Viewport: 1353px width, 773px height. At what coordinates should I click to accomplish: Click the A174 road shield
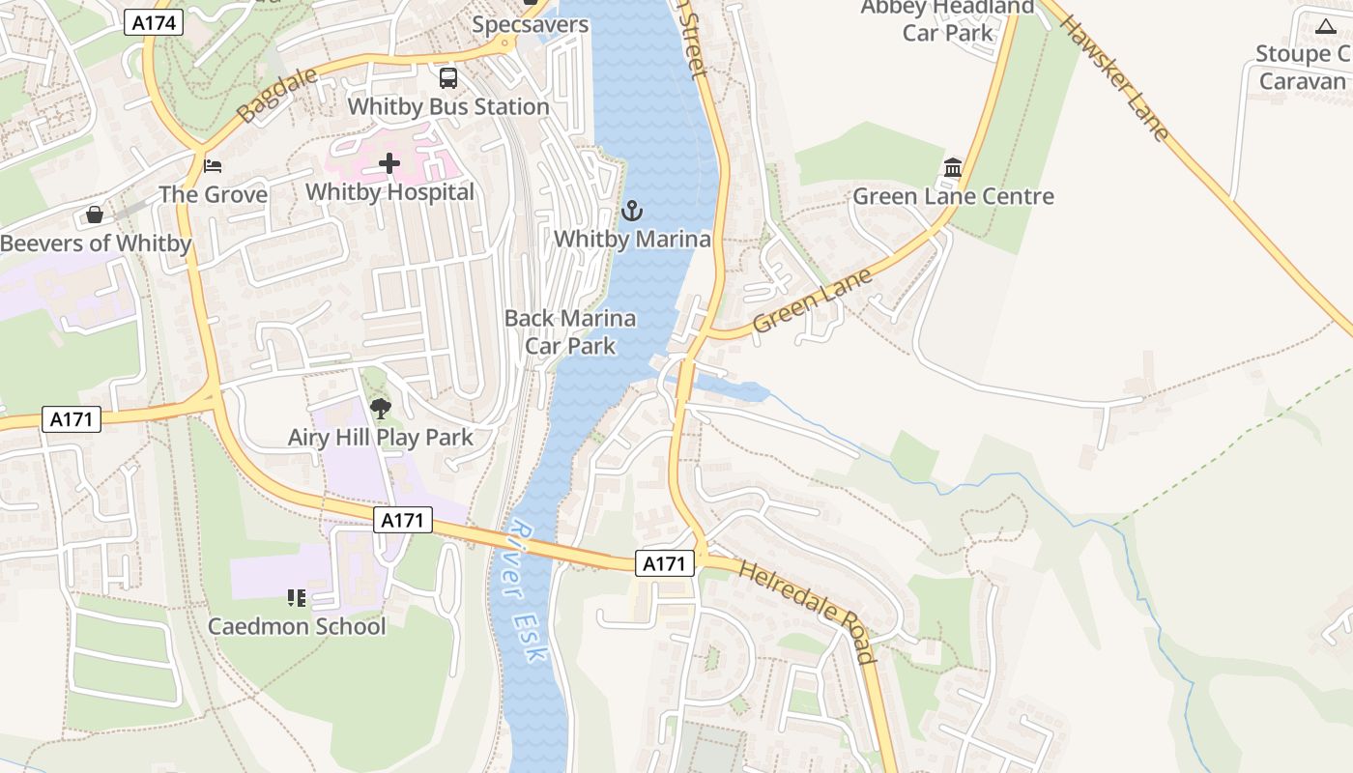(x=154, y=22)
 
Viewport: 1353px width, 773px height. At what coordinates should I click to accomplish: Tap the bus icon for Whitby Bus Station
(x=447, y=78)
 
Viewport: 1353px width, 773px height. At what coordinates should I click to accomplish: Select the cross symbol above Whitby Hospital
(x=389, y=163)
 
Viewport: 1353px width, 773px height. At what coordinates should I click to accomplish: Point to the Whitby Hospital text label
(x=389, y=192)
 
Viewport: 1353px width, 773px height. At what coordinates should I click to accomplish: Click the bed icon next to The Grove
(x=213, y=166)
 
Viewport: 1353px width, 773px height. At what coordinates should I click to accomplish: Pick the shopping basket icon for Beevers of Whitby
(x=95, y=214)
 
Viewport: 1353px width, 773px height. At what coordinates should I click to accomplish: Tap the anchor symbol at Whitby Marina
(x=632, y=211)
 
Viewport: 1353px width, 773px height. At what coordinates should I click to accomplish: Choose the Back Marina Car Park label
(x=570, y=331)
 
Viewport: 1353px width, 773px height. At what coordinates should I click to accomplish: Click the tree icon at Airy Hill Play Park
(x=381, y=409)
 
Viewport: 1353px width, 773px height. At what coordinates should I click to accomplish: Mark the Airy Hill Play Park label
(x=381, y=438)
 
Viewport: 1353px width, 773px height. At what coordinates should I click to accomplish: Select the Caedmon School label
(x=297, y=626)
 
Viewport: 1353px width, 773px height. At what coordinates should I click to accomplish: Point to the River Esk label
(x=525, y=591)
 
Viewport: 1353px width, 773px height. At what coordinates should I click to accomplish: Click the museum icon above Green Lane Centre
(x=953, y=168)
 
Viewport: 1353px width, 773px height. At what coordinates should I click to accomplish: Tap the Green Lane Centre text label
(x=953, y=197)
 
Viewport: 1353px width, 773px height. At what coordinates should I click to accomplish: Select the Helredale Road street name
(x=808, y=611)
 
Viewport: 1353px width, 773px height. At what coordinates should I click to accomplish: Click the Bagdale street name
(x=264, y=96)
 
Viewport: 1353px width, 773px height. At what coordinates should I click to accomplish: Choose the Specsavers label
(x=530, y=24)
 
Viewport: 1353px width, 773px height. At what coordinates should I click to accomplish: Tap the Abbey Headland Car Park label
(x=947, y=20)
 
